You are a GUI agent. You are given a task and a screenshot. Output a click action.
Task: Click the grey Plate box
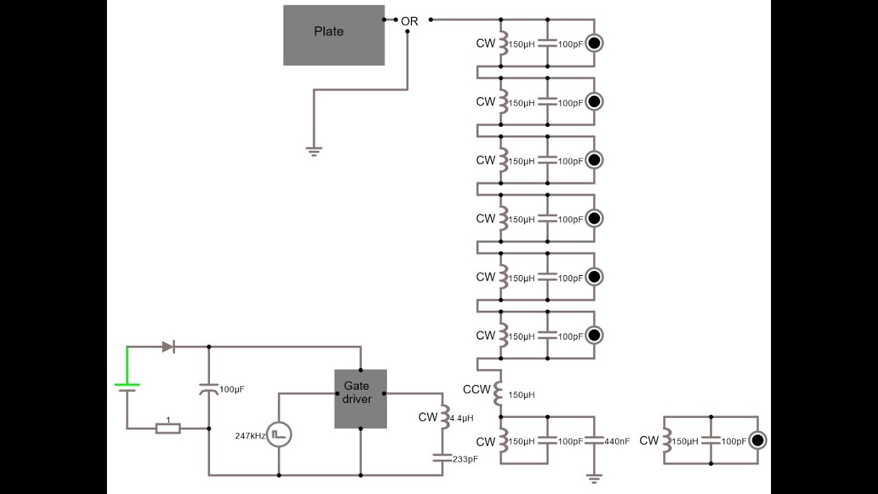pyautogui.click(x=334, y=35)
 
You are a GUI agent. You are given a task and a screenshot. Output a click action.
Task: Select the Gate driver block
pyautogui.click(x=361, y=399)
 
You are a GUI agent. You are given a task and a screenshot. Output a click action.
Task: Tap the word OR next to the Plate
pyautogui.click(x=410, y=21)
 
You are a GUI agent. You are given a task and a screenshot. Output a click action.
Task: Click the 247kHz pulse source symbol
pyautogui.click(x=279, y=435)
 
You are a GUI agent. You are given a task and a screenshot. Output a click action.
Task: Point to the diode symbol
pyautogui.click(x=169, y=346)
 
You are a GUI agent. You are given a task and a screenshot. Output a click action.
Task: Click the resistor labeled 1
pyautogui.click(x=168, y=429)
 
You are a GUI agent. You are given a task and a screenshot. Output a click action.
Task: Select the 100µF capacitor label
pyautogui.click(x=232, y=389)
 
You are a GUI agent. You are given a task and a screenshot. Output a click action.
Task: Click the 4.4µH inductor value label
pyautogui.click(x=462, y=419)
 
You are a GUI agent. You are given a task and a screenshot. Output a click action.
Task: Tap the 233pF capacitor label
pyautogui.click(x=465, y=459)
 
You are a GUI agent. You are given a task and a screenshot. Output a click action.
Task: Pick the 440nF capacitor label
pyautogui.click(x=617, y=441)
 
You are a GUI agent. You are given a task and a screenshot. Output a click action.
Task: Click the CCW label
pyautogui.click(x=477, y=389)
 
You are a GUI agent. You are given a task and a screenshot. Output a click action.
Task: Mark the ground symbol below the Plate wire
pyautogui.click(x=314, y=152)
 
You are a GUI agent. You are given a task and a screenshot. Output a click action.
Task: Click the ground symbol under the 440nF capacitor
pyautogui.click(x=594, y=479)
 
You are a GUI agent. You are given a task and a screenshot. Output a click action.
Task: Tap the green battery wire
pyautogui.click(x=127, y=366)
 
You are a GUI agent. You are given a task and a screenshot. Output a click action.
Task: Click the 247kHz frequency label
pyautogui.click(x=250, y=436)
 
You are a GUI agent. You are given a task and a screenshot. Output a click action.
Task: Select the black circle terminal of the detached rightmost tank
pyautogui.click(x=758, y=440)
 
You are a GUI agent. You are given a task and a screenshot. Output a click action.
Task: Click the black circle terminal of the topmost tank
pyautogui.click(x=594, y=43)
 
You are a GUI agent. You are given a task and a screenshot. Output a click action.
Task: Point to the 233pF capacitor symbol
pyautogui.click(x=442, y=458)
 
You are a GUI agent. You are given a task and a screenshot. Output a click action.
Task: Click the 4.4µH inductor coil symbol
pyautogui.click(x=445, y=416)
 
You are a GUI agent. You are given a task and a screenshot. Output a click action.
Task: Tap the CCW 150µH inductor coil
pyautogui.click(x=498, y=393)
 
